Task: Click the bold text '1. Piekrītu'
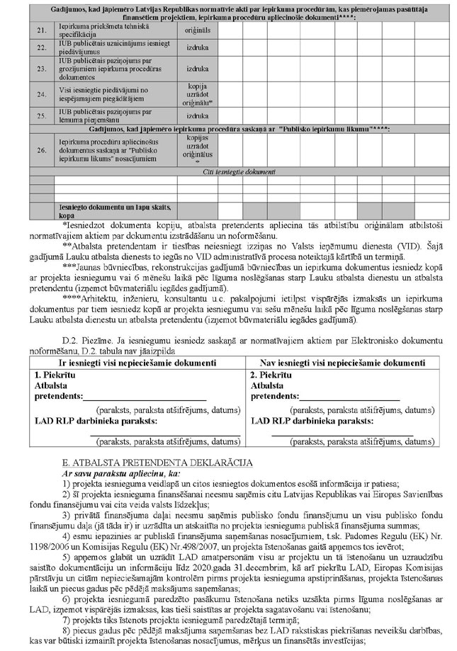(x=57, y=373)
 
